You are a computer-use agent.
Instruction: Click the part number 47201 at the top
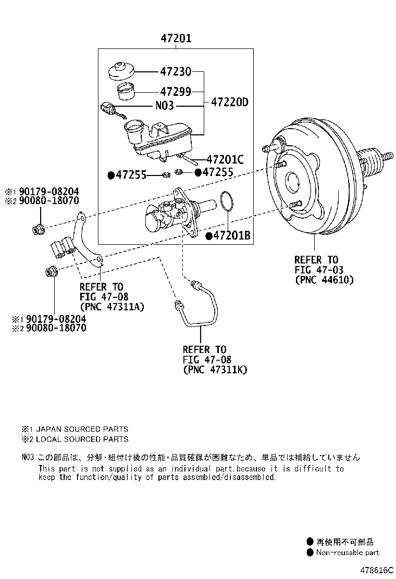click(176, 39)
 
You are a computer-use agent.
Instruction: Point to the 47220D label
click(229, 103)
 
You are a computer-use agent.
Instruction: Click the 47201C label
click(225, 159)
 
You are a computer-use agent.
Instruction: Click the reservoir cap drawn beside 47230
click(121, 71)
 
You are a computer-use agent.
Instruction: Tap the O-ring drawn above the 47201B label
click(226, 203)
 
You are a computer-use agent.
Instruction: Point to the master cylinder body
click(172, 216)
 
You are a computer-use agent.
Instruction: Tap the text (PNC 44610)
click(324, 280)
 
